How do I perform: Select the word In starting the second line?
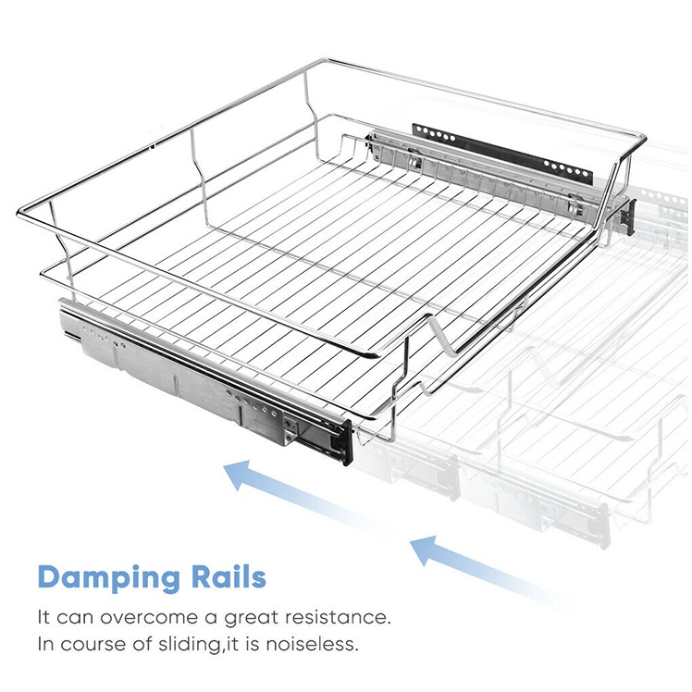coord(46,643)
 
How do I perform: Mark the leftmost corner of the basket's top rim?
coord(19,214)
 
